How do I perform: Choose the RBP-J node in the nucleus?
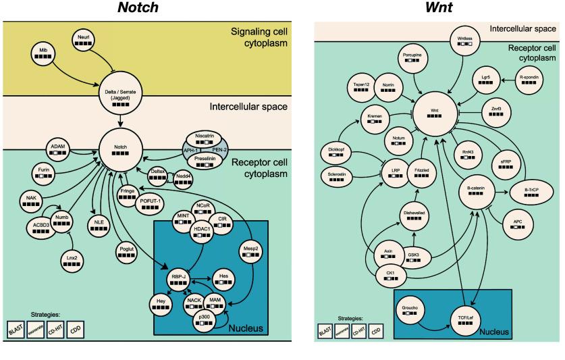[180, 278]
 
